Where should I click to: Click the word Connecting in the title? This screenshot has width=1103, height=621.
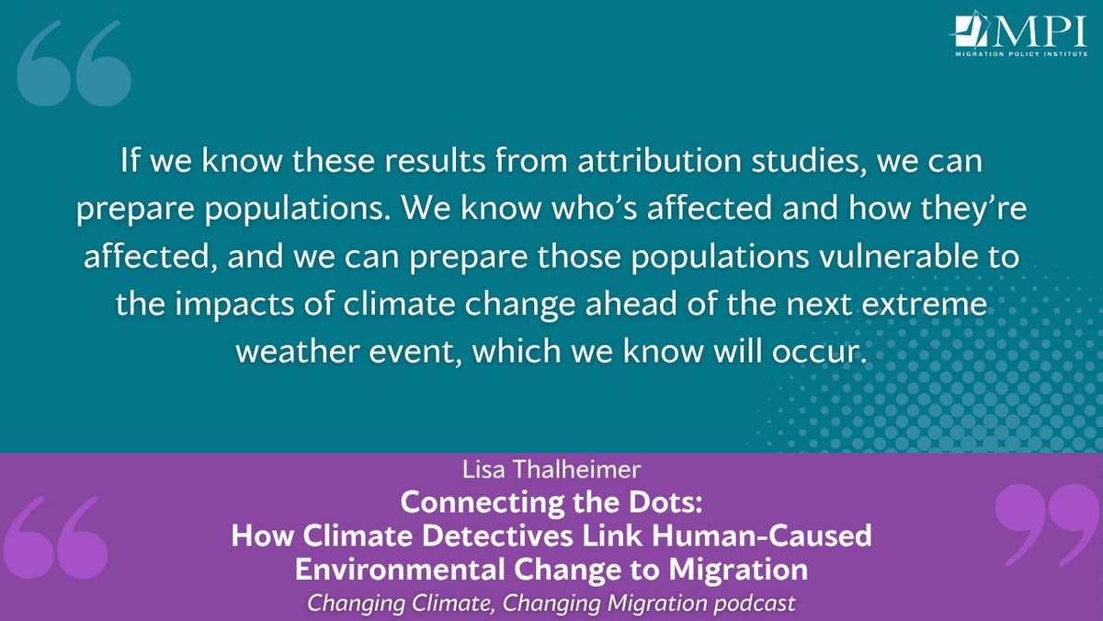click(x=474, y=505)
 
